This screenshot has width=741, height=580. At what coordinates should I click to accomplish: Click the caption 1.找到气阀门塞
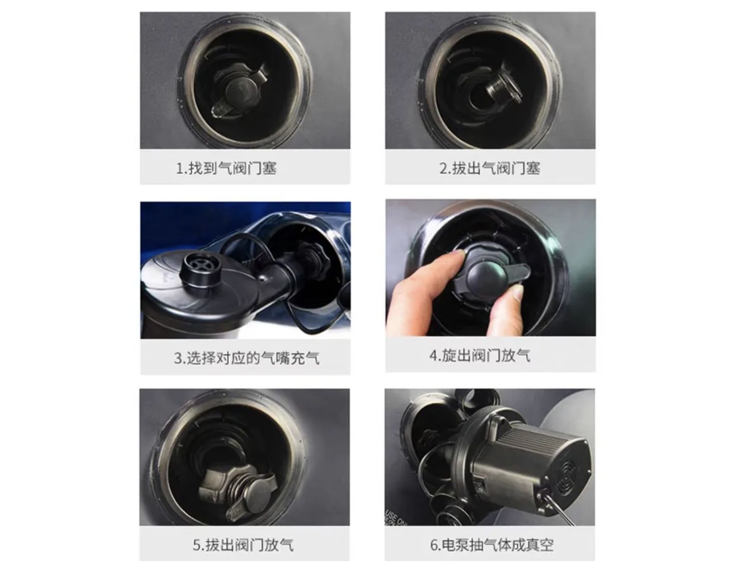pos(226,168)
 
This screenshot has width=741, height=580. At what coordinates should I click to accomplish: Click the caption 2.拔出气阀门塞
pos(490,168)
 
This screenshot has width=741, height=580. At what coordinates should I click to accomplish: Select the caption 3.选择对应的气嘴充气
pos(246,358)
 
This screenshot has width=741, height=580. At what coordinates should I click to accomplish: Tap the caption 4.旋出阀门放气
pos(480,355)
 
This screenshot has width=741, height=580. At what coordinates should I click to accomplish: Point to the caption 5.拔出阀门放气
pos(243,545)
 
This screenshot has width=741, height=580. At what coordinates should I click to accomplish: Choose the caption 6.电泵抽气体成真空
pos(492,545)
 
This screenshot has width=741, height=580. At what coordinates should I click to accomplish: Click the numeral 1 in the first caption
pos(179,168)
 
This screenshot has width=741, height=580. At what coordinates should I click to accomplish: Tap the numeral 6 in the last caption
pos(434,545)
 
